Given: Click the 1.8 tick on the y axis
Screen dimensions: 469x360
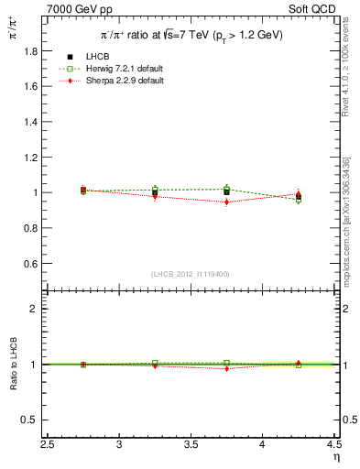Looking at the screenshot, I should point(31,51).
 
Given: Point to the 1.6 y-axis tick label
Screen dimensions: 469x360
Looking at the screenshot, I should point(31,87).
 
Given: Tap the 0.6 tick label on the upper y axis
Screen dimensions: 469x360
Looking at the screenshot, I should point(31,264).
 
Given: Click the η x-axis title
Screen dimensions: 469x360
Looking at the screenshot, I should point(335,456).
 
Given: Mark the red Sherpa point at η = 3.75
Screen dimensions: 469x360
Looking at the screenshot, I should point(227,202).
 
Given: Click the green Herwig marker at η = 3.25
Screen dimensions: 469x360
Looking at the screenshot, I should point(155,190).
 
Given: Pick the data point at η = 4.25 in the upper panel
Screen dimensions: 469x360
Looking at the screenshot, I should point(299,195).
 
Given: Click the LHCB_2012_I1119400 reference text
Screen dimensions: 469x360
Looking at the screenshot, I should point(191,274).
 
